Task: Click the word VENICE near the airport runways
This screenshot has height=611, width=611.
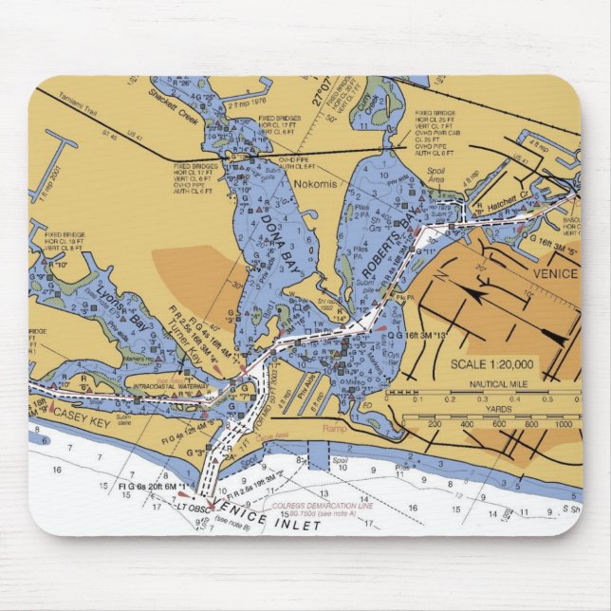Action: [555, 273]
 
